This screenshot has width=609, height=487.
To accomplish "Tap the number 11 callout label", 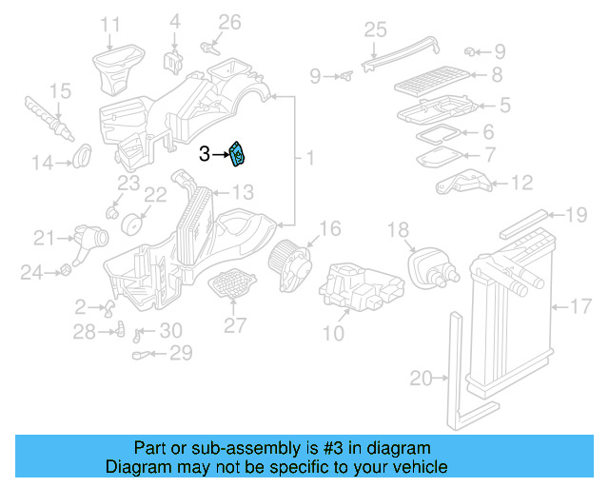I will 111,24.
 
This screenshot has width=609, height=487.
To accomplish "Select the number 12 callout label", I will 522,182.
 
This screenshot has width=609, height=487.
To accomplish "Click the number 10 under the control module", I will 334,333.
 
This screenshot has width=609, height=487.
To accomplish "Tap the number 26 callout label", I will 230,21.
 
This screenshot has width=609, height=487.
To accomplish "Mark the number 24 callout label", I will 32,273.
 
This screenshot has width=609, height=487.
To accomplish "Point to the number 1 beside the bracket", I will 308,155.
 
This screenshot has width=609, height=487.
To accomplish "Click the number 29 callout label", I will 180,354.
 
